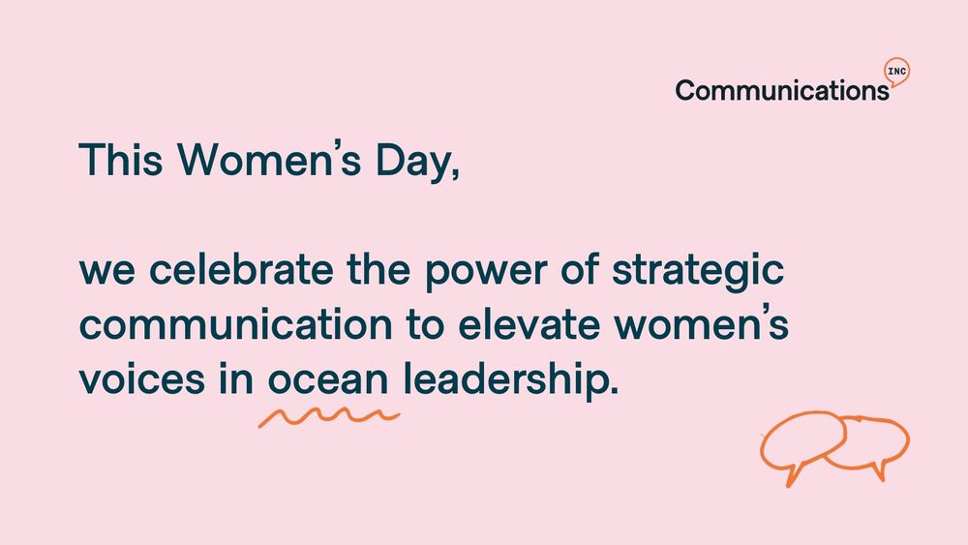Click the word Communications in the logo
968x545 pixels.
coord(782,90)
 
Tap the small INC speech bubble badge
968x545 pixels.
coord(897,73)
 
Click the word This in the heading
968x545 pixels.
coord(121,160)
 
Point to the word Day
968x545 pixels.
coord(418,162)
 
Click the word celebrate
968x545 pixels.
coord(241,269)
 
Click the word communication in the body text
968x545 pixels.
coord(236,324)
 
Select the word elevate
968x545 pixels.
coord(529,324)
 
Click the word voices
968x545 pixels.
coord(142,378)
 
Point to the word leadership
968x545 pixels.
coord(510,378)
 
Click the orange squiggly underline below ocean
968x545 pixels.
coord(329,416)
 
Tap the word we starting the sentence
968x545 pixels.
coord(106,273)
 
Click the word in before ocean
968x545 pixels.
coord(236,378)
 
